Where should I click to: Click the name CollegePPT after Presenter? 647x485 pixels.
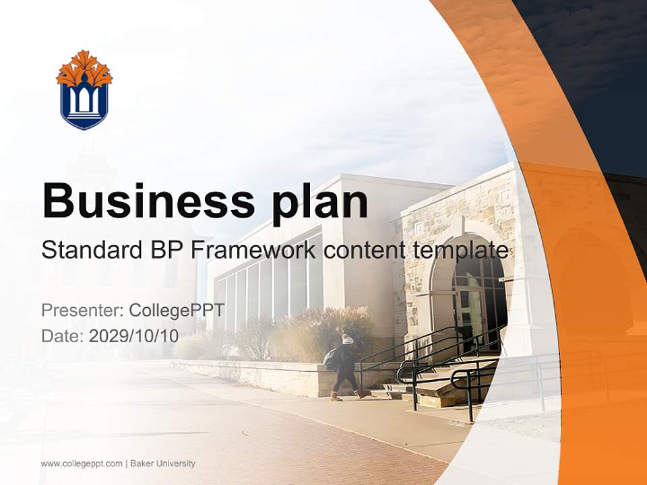click(177, 310)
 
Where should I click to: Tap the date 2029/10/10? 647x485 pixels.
click(133, 335)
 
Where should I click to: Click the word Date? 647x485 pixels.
click(61, 335)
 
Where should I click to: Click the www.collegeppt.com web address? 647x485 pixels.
click(82, 463)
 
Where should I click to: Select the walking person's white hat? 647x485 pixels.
click(347, 339)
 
